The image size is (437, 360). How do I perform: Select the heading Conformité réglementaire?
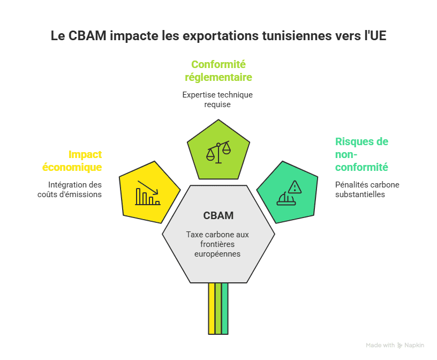(x=218, y=71)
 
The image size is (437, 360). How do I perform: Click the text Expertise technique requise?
(x=217, y=100)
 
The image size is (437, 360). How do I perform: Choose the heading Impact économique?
(x=73, y=161)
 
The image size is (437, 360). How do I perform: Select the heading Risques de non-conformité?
(x=361, y=154)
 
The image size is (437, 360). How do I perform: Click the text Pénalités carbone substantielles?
(x=367, y=189)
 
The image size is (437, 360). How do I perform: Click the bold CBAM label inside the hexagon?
(x=218, y=216)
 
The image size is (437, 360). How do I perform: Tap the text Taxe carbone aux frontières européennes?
(x=218, y=244)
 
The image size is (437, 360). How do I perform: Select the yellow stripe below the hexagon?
(x=212, y=308)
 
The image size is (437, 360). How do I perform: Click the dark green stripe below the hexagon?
(x=225, y=308)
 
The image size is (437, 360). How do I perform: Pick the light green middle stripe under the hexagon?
(x=218, y=308)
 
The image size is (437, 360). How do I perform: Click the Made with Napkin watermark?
(x=395, y=346)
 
